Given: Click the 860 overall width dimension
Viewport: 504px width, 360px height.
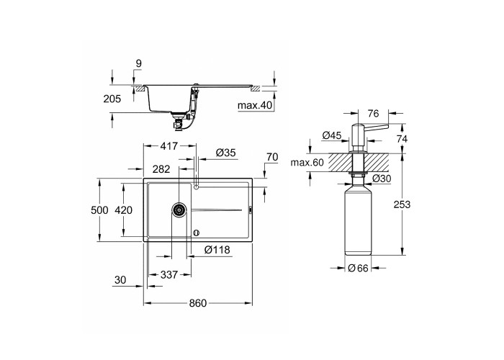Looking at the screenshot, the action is (198, 303).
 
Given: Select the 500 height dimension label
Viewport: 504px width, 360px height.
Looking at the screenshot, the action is (99, 210).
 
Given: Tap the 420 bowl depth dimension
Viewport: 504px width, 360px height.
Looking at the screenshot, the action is (123, 210).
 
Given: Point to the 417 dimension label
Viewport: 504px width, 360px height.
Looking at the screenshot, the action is (168, 146).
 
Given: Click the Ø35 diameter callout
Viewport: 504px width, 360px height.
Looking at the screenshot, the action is (225, 153).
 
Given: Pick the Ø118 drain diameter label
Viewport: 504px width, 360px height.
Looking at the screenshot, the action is (217, 250).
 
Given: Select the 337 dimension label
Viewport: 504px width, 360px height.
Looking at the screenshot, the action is (169, 274).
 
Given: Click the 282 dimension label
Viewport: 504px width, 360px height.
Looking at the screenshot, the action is (161, 169).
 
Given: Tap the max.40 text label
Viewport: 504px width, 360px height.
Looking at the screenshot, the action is (255, 105).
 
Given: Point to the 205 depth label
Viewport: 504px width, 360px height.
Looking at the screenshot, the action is (112, 99).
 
